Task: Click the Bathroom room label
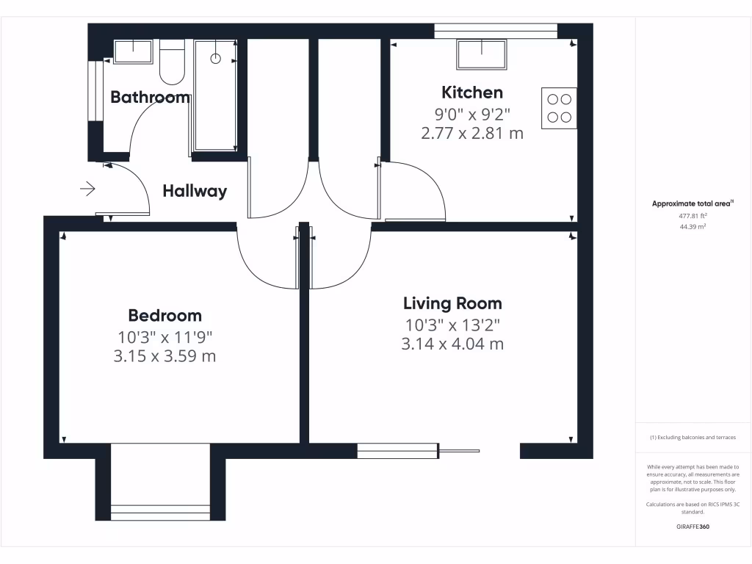(150, 97)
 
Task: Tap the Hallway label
(195, 192)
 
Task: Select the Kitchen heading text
(472, 93)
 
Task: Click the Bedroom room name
(164, 316)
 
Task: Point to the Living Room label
(452, 303)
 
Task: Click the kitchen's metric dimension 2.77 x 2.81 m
(472, 134)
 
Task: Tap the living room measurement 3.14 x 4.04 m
(452, 344)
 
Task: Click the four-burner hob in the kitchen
(559, 108)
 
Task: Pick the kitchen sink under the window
(482, 54)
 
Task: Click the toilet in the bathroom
(172, 65)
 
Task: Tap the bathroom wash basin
(132, 52)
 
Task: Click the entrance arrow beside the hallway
(87, 189)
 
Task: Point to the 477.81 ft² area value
(693, 216)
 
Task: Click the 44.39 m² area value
(693, 227)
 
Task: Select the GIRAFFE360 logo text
(693, 527)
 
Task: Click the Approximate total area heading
(693, 204)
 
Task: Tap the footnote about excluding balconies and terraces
(693, 438)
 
